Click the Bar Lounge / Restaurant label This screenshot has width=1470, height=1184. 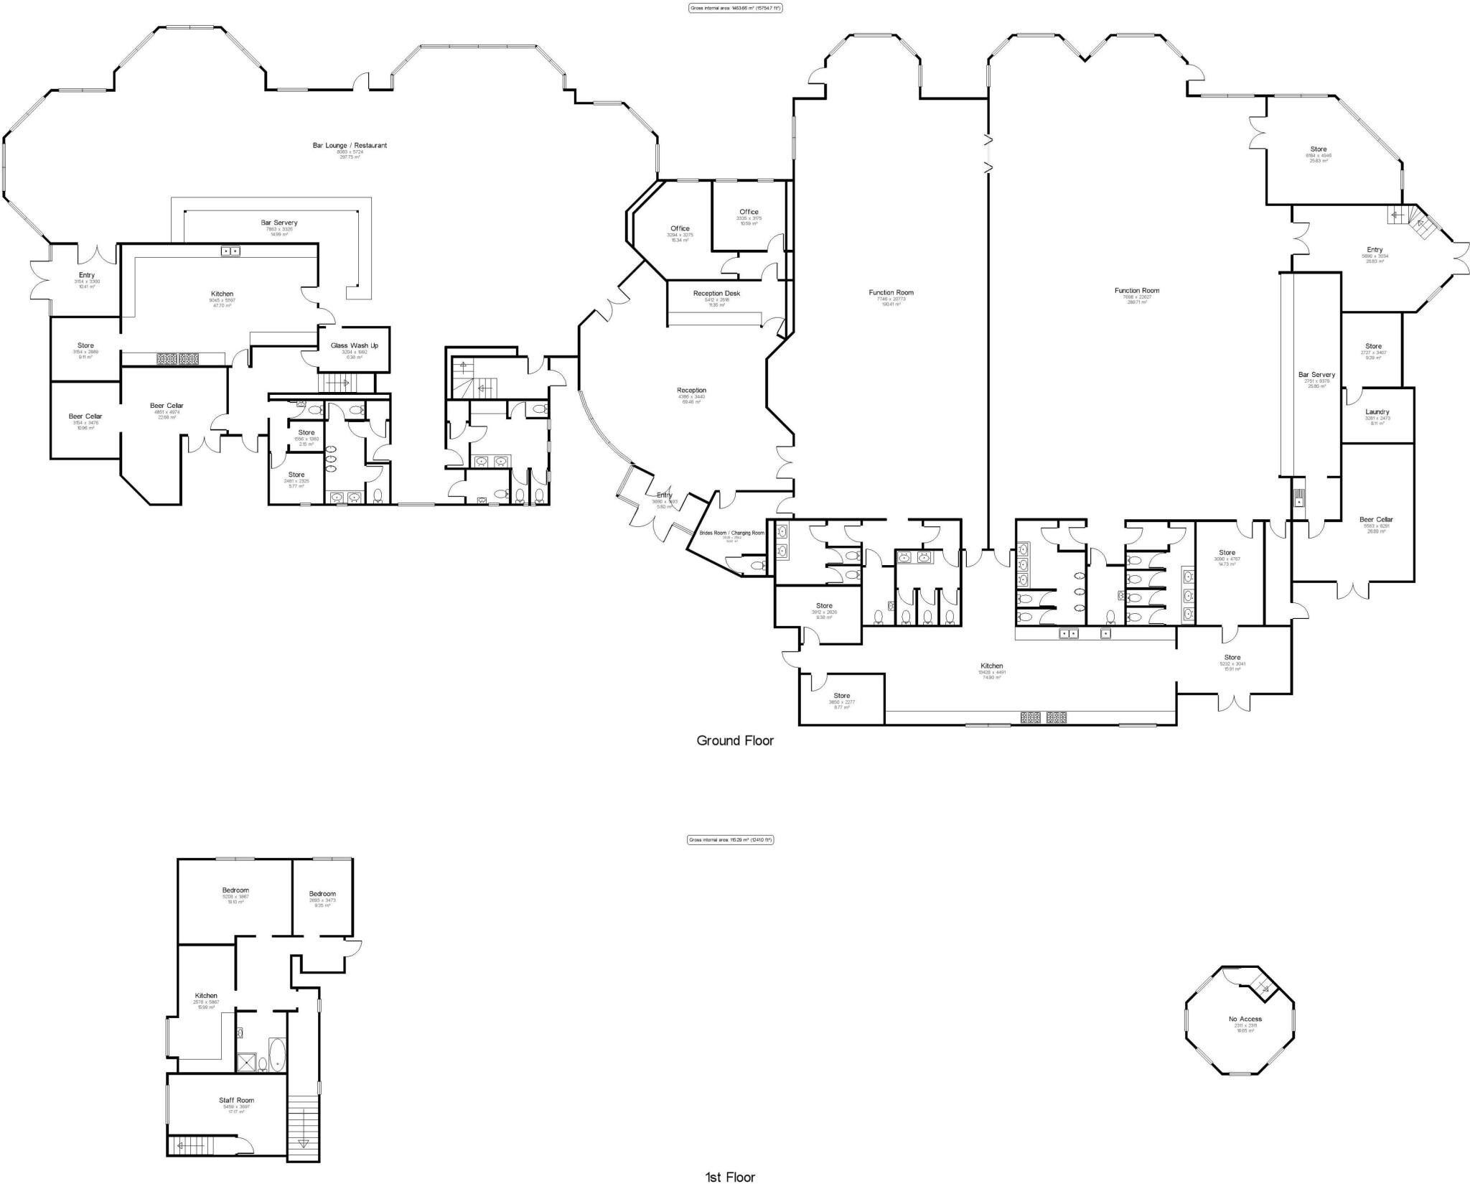(350, 146)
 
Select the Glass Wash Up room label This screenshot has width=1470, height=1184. (354, 345)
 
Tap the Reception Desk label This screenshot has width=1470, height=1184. (716, 294)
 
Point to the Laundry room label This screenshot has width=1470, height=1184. (1377, 412)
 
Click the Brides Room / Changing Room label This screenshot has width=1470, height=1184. (731, 533)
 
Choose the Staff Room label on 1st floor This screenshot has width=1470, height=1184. (236, 1100)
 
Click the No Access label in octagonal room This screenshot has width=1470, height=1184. (1245, 1019)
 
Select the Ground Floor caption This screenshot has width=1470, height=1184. (735, 740)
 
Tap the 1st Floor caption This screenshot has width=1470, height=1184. (731, 1176)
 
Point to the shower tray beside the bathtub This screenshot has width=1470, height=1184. (246, 1062)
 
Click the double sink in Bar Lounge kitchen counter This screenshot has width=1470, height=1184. (230, 251)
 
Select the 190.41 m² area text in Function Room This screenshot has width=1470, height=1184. (891, 304)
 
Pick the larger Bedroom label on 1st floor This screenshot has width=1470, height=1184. (235, 890)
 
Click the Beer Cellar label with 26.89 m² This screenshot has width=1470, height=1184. (1376, 520)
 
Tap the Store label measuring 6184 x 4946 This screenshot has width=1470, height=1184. (1318, 149)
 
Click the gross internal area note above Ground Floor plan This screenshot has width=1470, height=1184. (735, 8)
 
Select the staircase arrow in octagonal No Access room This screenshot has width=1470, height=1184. (1265, 990)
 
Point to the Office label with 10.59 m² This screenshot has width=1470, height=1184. (749, 212)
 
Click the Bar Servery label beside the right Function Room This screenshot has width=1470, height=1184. (1316, 375)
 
